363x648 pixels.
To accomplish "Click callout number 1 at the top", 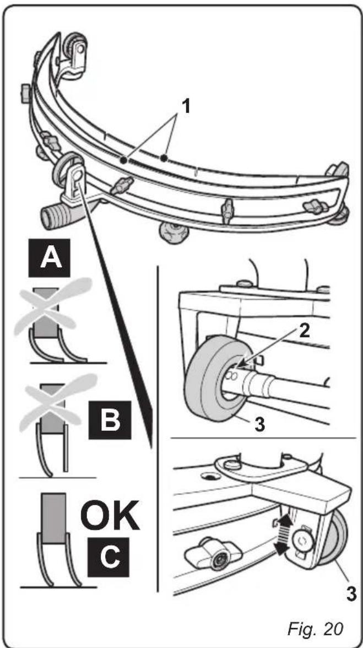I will click(187, 106).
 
